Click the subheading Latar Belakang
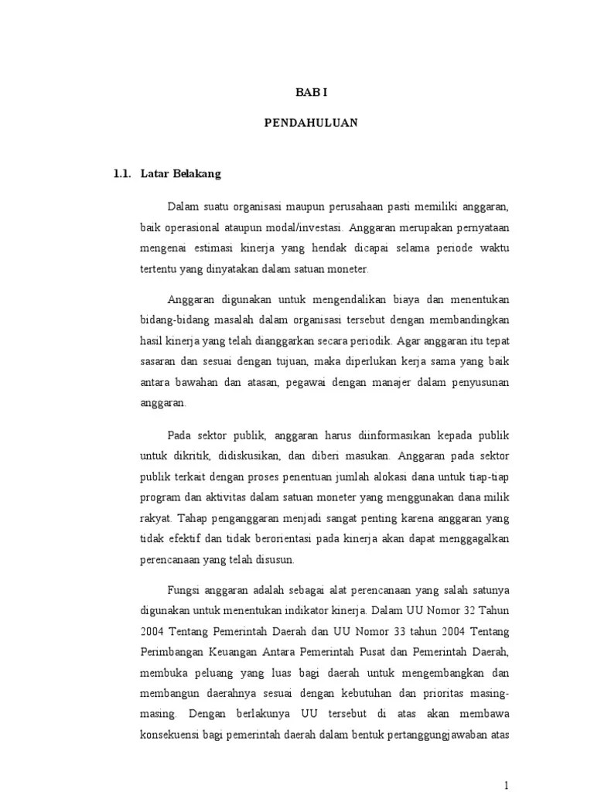tap(181, 174)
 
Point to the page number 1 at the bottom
tap(507, 784)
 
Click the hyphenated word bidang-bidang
tap(173, 319)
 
